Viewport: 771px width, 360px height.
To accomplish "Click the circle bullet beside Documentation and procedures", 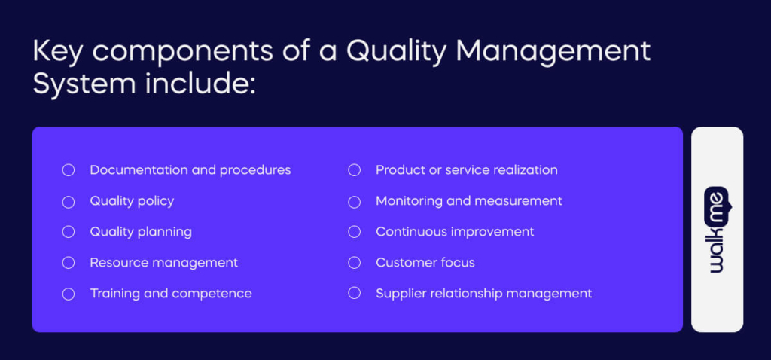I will [x=69, y=170].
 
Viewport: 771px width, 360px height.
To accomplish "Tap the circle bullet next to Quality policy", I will [x=69, y=202].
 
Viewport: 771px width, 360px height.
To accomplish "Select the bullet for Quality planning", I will [x=69, y=232].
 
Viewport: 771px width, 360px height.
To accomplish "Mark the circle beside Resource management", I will [x=69, y=263].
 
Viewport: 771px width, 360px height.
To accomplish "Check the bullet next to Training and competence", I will [x=69, y=294].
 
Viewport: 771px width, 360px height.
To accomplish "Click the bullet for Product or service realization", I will [x=355, y=170].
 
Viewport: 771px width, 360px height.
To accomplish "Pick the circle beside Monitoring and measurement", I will [x=355, y=202].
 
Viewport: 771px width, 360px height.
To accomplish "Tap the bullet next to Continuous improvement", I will [x=355, y=232].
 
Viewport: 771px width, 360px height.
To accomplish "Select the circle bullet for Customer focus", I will [x=355, y=263].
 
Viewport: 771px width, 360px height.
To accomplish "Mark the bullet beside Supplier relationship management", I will [x=355, y=294].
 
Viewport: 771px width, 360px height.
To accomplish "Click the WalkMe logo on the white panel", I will [x=717, y=229].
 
